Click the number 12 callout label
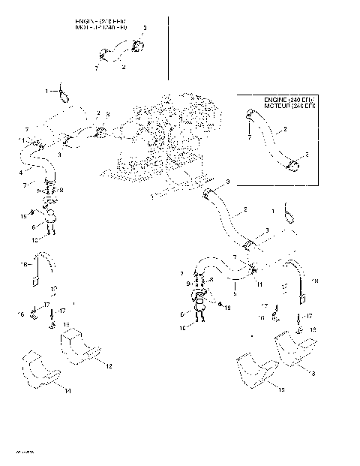(x=109, y=365)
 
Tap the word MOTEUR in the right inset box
(x=278, y=106)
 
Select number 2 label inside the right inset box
(x=285, y=129)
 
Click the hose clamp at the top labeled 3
(x=136, y=45)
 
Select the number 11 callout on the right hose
(x=258, y=284)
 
